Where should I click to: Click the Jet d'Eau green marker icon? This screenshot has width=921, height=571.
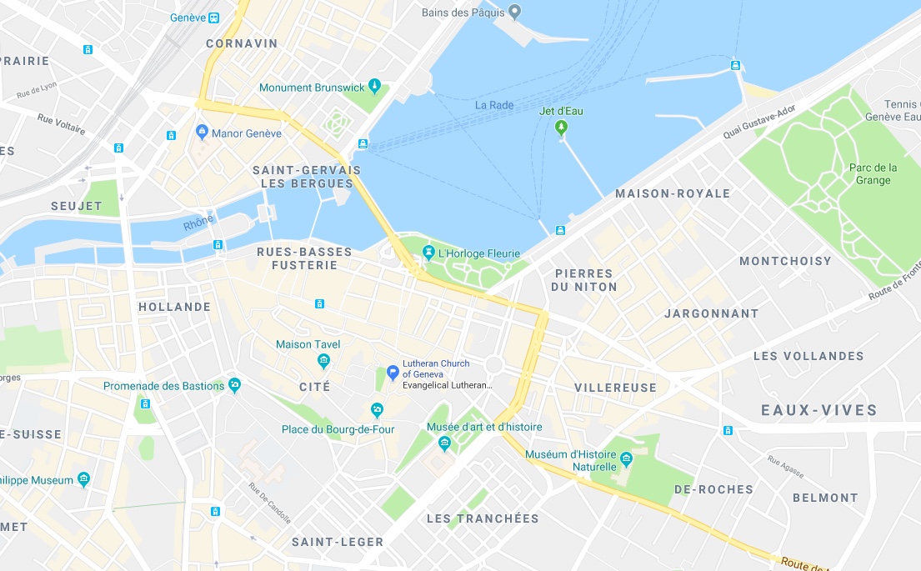(561, 128)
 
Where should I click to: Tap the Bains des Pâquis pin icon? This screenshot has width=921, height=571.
(515, 12)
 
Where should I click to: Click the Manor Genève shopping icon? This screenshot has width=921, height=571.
(201, 133)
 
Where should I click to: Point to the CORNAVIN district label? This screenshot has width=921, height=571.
(242, 43)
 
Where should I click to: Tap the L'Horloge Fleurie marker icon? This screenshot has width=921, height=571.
(428, 253)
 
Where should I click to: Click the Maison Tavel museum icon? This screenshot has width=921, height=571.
(324, 361)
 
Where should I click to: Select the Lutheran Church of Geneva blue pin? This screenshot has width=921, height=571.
(393, 372)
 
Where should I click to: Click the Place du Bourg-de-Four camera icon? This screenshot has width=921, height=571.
(377, 409)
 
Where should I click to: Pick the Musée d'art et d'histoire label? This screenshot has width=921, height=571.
(484, 427)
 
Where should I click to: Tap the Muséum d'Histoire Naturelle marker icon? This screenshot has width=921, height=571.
(627, 458)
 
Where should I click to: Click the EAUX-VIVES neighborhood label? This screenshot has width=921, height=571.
(819, 410)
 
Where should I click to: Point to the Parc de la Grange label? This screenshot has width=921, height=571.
(873, 173)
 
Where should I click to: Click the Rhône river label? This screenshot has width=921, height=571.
(198, 223)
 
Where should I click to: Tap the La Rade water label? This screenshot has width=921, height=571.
(494, 105)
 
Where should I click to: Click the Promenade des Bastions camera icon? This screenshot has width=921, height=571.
(234, 385)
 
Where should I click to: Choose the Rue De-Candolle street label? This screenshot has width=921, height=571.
(269, 503)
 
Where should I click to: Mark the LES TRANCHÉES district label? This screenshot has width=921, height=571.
(483, 518)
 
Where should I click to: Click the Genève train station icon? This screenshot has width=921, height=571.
(214, 18)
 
